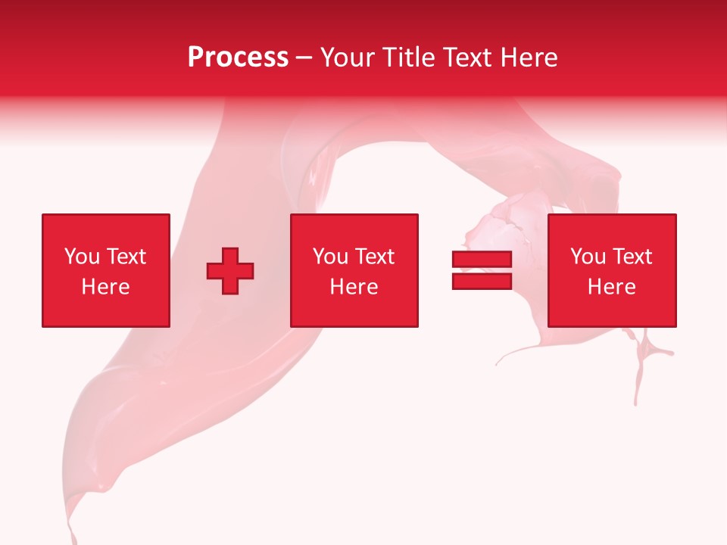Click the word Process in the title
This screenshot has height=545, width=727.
[238, 58]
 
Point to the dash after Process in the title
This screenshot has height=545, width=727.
[304, 58]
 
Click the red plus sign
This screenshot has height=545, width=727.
[230, 271]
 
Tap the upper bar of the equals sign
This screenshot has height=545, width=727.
[482, 260]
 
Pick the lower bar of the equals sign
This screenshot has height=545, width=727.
[482, 281]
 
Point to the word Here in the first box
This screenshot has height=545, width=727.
[105, 287]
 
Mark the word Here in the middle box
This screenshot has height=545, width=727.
[354, 287]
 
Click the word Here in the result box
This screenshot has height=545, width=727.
[611, 287]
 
